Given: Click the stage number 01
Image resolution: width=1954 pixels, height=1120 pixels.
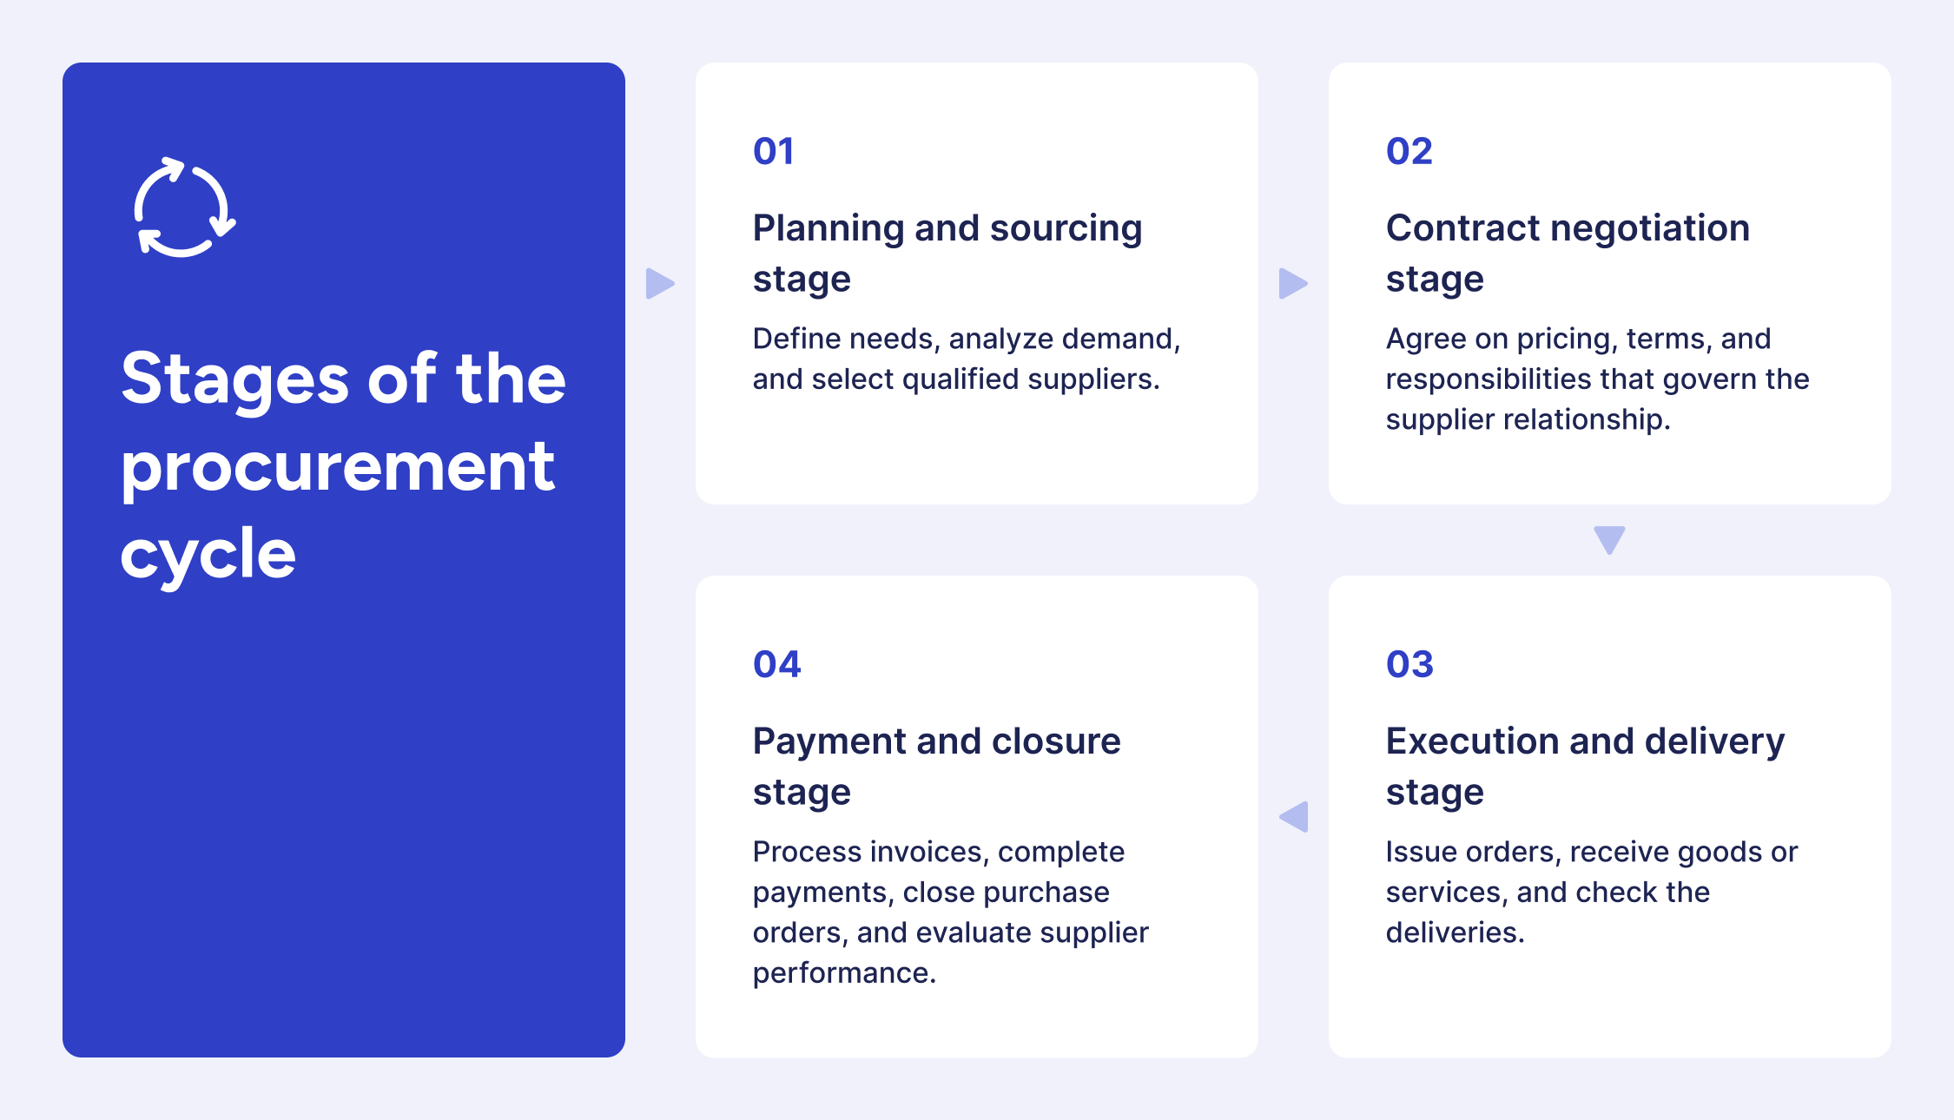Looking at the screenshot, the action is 773,151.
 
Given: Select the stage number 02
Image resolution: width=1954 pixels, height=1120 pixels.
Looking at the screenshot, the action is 1409,151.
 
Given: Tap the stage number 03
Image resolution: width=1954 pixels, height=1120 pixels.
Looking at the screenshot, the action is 1409,664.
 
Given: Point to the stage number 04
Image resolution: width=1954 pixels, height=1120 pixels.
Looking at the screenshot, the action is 776,664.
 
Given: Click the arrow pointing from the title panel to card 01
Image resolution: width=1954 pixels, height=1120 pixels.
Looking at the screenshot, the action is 660,283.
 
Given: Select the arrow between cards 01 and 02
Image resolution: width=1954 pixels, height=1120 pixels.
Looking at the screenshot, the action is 1293,283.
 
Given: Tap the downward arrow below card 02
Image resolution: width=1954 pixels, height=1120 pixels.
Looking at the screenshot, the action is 1609,540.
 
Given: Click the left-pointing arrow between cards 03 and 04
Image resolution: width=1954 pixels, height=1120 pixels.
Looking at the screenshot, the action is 1294,817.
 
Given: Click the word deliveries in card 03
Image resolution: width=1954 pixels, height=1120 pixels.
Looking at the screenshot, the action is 1455,932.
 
